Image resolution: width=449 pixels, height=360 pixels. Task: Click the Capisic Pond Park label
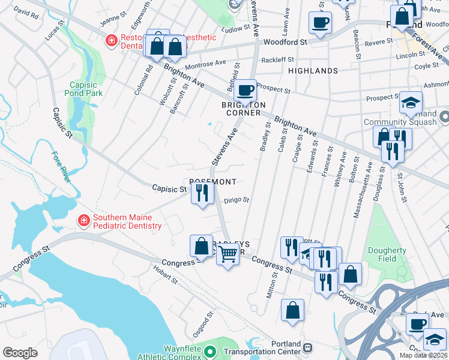(85, 89)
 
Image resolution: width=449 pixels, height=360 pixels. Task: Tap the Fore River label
(62, 167)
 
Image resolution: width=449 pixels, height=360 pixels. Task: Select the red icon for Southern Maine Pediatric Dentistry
(83, 220)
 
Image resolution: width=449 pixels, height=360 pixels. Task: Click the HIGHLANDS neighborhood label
(313, 71)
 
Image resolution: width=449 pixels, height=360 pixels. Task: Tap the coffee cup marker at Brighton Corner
(244, 91)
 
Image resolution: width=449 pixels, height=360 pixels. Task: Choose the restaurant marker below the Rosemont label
(202, 193)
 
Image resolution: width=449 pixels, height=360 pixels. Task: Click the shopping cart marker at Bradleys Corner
(228, 254)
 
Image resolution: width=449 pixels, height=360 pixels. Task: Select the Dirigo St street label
(237, 202)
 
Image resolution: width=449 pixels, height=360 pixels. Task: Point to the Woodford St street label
(286, 43)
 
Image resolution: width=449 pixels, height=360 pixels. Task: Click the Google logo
(20, 353)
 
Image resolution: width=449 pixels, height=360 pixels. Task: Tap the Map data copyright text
(423, 355)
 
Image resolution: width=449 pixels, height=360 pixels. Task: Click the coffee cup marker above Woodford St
(319, 23)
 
